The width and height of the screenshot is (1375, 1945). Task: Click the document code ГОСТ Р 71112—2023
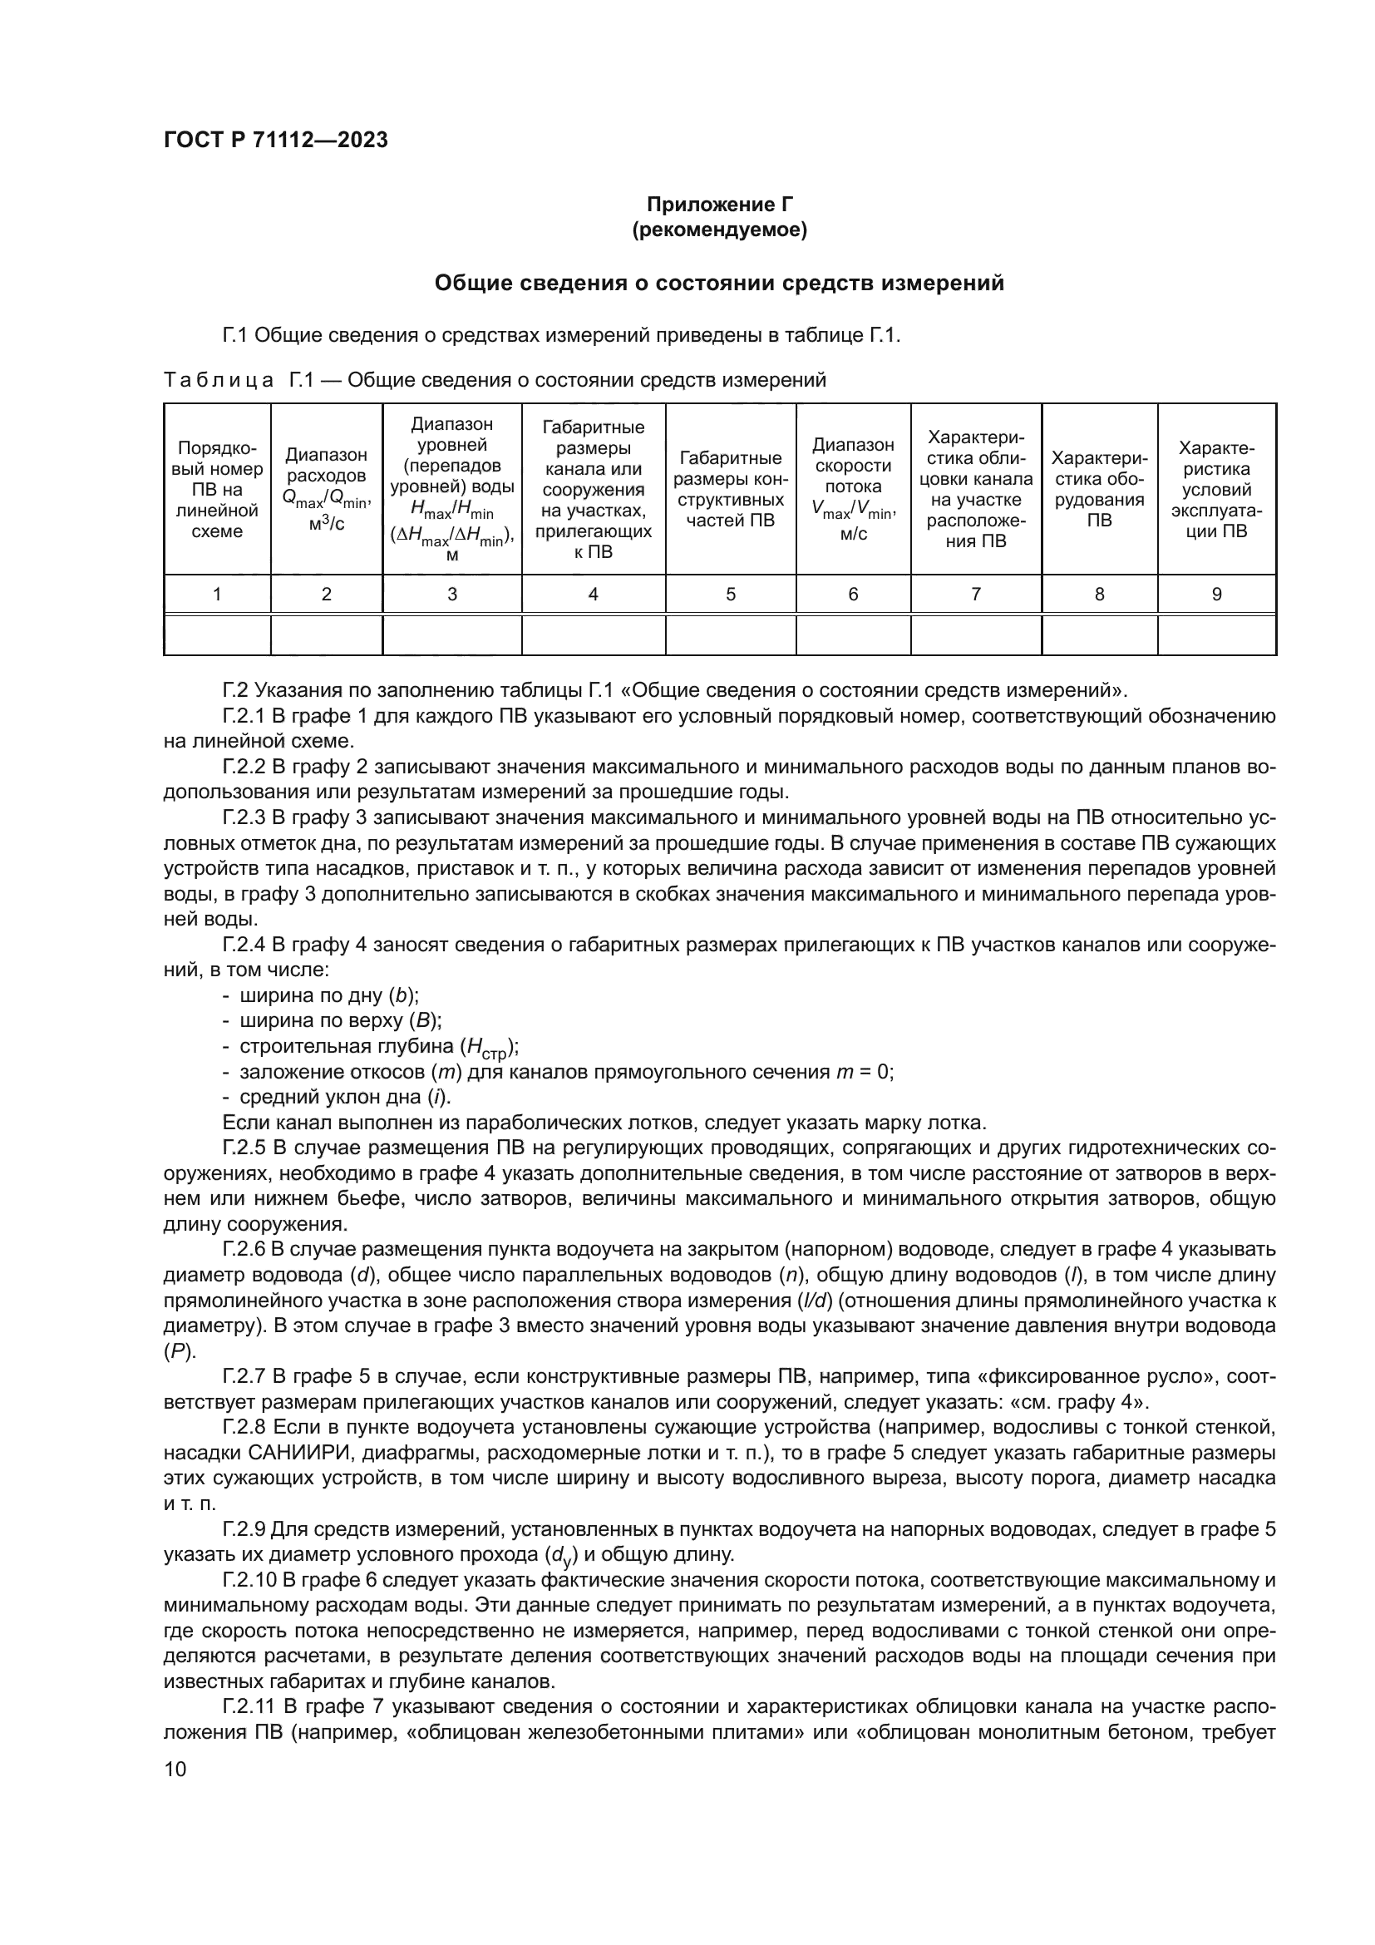[x=275, y=140]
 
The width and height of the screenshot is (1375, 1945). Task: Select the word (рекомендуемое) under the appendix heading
[x=719, y=230]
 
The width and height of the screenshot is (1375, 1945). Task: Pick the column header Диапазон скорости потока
[x=853, y=489]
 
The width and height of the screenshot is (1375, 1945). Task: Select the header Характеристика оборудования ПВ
[x=1099, y=489]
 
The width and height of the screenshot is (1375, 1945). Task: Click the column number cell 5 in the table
[x=730, y=595]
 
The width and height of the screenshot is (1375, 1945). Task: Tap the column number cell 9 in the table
[x=1216, y=595]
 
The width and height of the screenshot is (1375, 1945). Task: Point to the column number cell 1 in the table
[x=217, y=595]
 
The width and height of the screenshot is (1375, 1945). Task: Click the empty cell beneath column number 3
[x=451, y=635]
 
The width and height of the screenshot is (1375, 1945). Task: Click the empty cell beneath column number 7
[x=975, y=635]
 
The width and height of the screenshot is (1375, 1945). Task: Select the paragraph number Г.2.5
[x=244, y=1148]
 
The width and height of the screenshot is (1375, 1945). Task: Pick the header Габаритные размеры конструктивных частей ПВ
[x=730, y=489]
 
